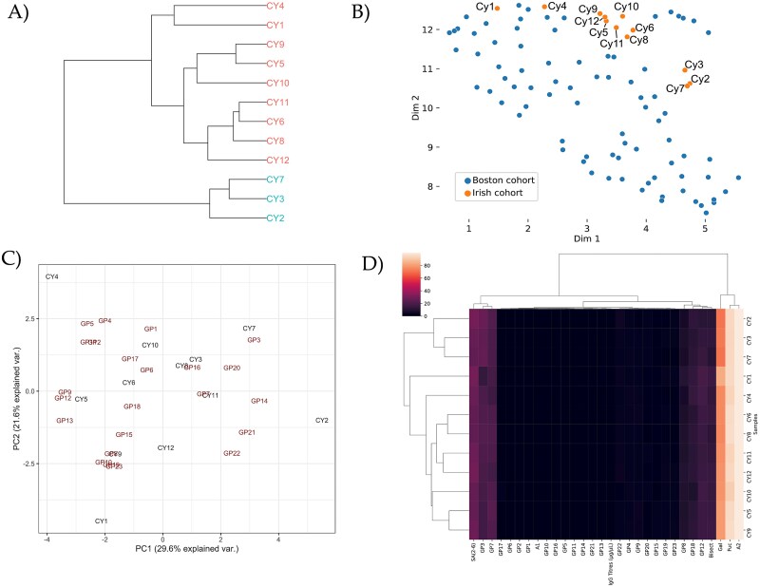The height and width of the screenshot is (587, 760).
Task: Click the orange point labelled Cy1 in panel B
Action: click(497, 9)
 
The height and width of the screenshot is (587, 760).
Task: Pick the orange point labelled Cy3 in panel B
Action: click(685, 69)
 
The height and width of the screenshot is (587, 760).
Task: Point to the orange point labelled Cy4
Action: click(544, 7)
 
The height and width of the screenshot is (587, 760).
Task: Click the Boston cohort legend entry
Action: click(501, 180)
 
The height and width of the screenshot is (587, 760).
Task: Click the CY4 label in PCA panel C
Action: click(52, 276)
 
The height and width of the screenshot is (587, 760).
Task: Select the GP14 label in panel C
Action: click(259, 401)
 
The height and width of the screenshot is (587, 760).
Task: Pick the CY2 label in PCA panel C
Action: click(322, 420)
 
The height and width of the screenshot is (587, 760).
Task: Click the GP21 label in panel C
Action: click(247, 432)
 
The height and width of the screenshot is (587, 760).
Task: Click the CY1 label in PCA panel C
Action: click(101, 521)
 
